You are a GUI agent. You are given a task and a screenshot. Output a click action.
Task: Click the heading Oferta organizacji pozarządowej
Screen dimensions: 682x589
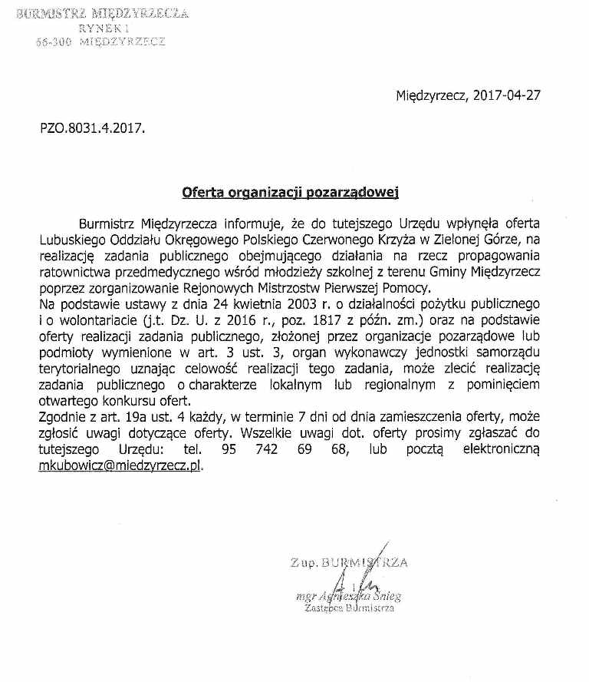(x=291, y=192)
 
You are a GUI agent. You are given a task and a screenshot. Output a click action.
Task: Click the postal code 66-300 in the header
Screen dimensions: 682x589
(x=54, y=43)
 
